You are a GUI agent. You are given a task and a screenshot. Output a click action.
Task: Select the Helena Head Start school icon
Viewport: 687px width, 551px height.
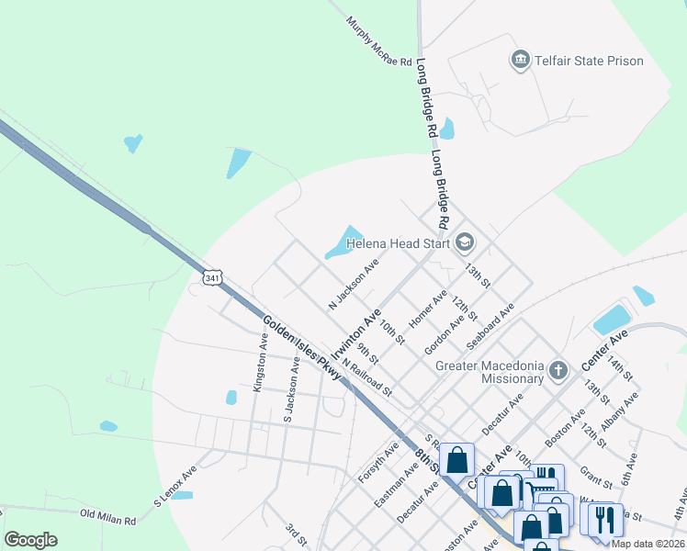[464, 242]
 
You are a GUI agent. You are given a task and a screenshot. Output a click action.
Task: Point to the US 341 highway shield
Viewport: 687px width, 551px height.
[212, 277]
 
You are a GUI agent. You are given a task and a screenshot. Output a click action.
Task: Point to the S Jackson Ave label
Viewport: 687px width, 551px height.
[291, 390]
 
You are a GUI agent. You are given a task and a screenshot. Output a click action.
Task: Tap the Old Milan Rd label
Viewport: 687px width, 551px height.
[107, 517]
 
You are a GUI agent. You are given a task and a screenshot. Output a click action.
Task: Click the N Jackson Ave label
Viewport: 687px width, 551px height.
[354, 284]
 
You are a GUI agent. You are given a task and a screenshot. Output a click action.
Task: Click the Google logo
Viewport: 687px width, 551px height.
[30, 540]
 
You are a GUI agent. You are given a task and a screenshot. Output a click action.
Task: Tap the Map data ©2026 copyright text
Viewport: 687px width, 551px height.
[648, 544]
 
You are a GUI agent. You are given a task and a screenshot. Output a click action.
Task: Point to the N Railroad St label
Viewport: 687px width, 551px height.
[366, 377]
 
